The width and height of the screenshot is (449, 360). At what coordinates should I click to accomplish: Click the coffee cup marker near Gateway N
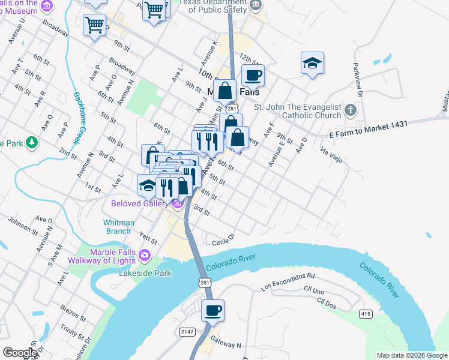[212, 311]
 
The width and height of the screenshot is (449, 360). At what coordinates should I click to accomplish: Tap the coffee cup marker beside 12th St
[253, 76]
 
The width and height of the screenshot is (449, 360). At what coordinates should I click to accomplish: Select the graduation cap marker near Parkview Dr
[312, 63]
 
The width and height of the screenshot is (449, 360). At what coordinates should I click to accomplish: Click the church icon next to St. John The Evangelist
[351, 110]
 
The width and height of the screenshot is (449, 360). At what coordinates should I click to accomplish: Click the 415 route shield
[366, 314]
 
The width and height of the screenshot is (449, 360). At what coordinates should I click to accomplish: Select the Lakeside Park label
[145, 273]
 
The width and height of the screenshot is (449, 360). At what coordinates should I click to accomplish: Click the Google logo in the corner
[19, 353]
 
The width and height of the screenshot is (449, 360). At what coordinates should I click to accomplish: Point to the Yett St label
[148, 239]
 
